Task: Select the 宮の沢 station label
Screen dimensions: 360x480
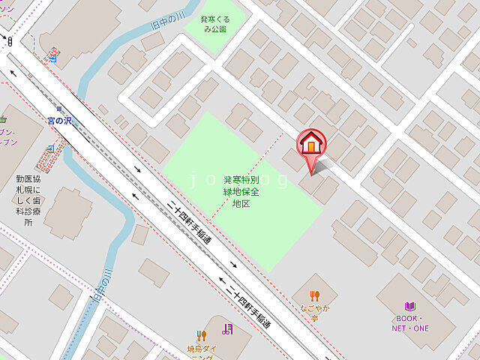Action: click(58, 120)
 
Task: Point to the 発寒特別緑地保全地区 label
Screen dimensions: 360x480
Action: click(240, 191)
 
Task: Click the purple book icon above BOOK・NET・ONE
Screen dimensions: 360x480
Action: click(409, 306)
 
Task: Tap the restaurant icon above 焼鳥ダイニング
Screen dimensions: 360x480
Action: click(201, 335)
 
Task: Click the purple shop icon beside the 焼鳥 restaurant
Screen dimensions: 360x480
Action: click(228, 328)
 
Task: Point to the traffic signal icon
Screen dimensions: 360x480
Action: click(10, 42)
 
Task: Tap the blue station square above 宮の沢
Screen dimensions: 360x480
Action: click(52, 55)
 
